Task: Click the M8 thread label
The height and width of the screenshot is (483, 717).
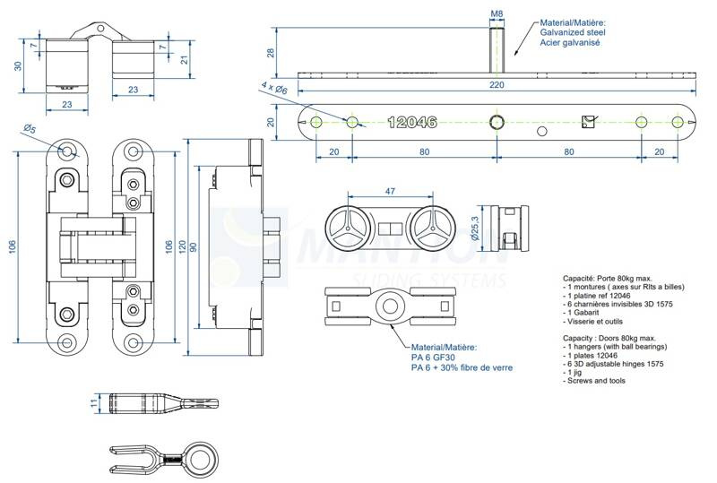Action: pyautogui.click(x=497, y=14)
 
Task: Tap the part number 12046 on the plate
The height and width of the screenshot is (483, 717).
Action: pyautogui.click(x=412, y=122)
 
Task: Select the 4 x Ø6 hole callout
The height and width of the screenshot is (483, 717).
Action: pyautogui.click(x=273, y=88)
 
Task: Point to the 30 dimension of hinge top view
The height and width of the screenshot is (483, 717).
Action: pyautogui.click(x=18, y=64)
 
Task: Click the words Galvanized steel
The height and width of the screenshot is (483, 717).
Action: pyautogui.click(x=572, y=32)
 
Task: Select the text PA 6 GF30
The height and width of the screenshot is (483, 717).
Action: pyautogui.click(x=435, y=357)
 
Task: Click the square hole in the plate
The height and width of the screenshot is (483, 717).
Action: pyautogui.click(x=588, y=121)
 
